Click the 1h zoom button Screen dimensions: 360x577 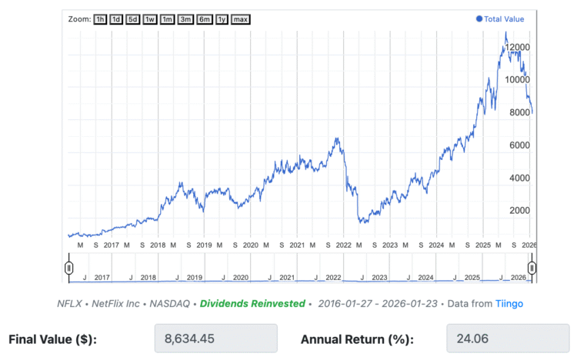[101, 18]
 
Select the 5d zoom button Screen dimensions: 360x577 [133, 18]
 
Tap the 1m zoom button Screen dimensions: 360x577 [167, 18]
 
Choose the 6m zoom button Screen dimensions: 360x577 [204, 18]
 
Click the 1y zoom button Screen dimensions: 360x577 [222, 18]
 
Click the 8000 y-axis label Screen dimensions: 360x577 [517, 112]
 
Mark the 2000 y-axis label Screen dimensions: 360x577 [517, 210]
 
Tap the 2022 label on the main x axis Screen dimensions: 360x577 [343, 245]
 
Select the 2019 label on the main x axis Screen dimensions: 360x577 [204, 245]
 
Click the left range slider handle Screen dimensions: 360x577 [68, 268]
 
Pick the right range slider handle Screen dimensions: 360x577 [531, 268]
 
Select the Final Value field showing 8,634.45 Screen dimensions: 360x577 [215, 338]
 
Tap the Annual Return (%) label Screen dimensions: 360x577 [357, 339]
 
